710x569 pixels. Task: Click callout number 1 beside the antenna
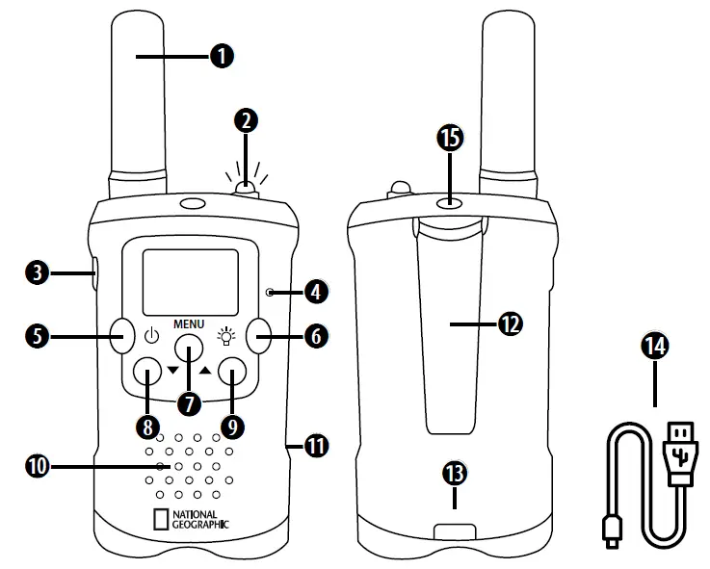click(x=222, y=58)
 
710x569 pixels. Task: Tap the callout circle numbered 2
click(x=247, y=120)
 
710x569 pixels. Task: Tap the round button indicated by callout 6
click(x=260, y=336)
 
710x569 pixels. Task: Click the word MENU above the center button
click(x=188, y=323)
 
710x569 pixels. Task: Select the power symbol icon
click(x=151, y=337)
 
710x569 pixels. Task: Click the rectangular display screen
click(x=190, y=278)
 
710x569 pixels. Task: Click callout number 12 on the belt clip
click(x=510, y=323)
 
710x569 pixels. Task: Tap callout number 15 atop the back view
click(x=449, y=139)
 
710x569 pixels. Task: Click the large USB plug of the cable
click(x=678, y=448)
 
